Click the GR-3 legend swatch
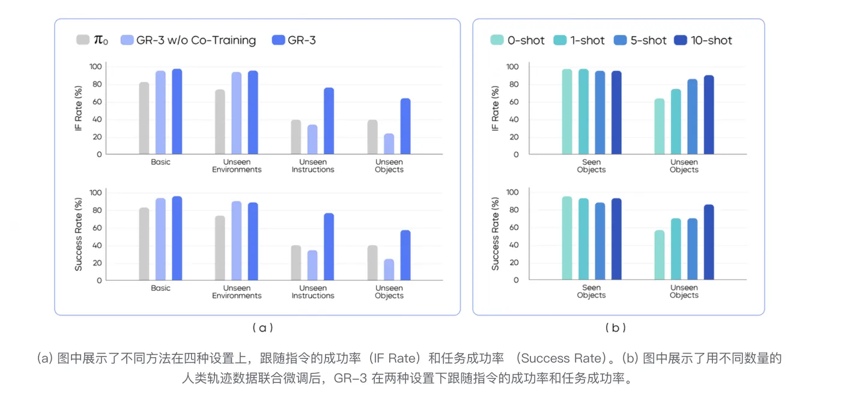point(278,40)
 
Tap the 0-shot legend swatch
point(497,40)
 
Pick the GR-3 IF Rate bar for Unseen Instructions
point(329,121)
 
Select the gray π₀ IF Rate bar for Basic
point(144,118)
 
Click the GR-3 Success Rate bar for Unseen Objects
point(405,255)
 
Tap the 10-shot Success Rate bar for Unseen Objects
point(709,242)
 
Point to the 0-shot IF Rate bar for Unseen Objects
point(660,126)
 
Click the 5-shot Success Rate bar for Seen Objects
point(600,241)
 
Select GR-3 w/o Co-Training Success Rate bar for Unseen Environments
point(237,240)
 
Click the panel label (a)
point(263,328)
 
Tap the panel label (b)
point(616,328)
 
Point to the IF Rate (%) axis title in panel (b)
point(496,108)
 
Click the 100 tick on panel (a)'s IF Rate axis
point(95,66)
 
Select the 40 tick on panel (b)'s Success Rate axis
point(512,245)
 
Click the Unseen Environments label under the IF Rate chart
point(237,166)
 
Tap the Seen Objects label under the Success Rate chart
point(591,292)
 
